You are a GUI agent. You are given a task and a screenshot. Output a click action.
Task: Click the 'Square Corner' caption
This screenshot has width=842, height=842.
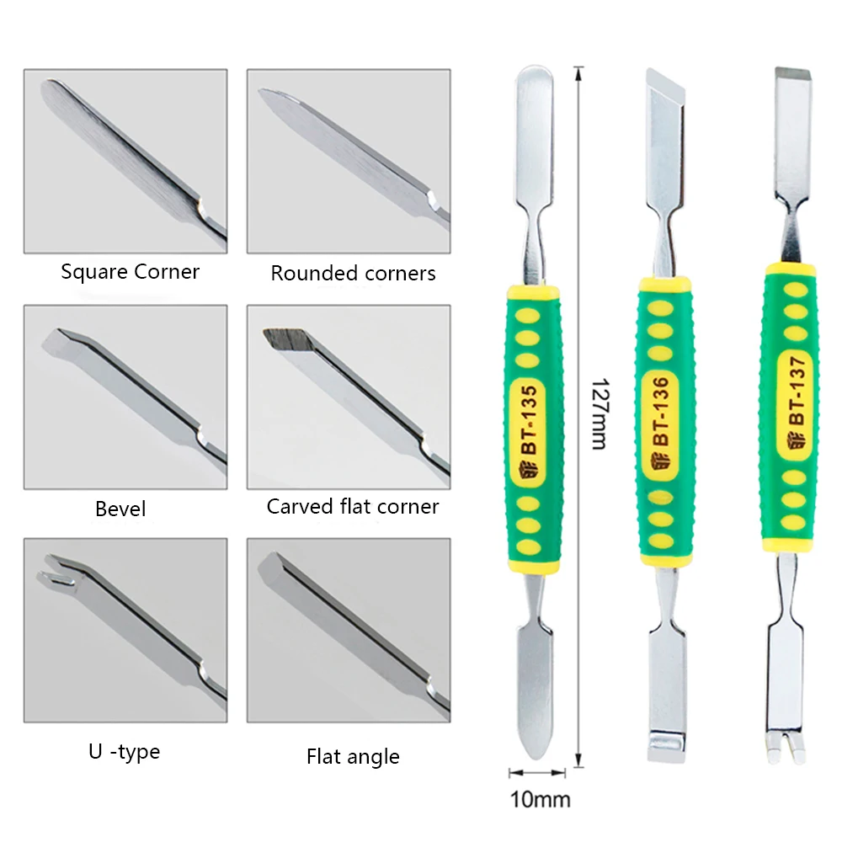130,272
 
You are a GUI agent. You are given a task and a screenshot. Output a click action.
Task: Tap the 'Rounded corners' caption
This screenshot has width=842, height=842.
353,274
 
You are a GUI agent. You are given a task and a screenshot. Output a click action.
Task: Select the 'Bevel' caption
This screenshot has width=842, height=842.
120,509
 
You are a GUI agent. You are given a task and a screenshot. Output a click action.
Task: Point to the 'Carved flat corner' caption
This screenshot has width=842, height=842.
353,507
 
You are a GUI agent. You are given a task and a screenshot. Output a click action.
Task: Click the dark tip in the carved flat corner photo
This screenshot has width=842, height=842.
283,339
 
